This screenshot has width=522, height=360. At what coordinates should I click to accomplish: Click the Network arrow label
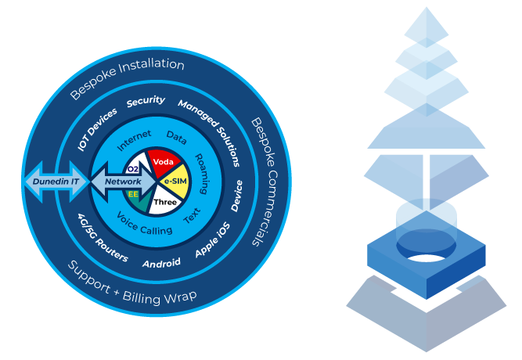[123, 182]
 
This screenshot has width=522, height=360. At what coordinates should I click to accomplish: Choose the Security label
[146, 102]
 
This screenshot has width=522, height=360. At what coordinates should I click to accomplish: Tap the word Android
[161, 264]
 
